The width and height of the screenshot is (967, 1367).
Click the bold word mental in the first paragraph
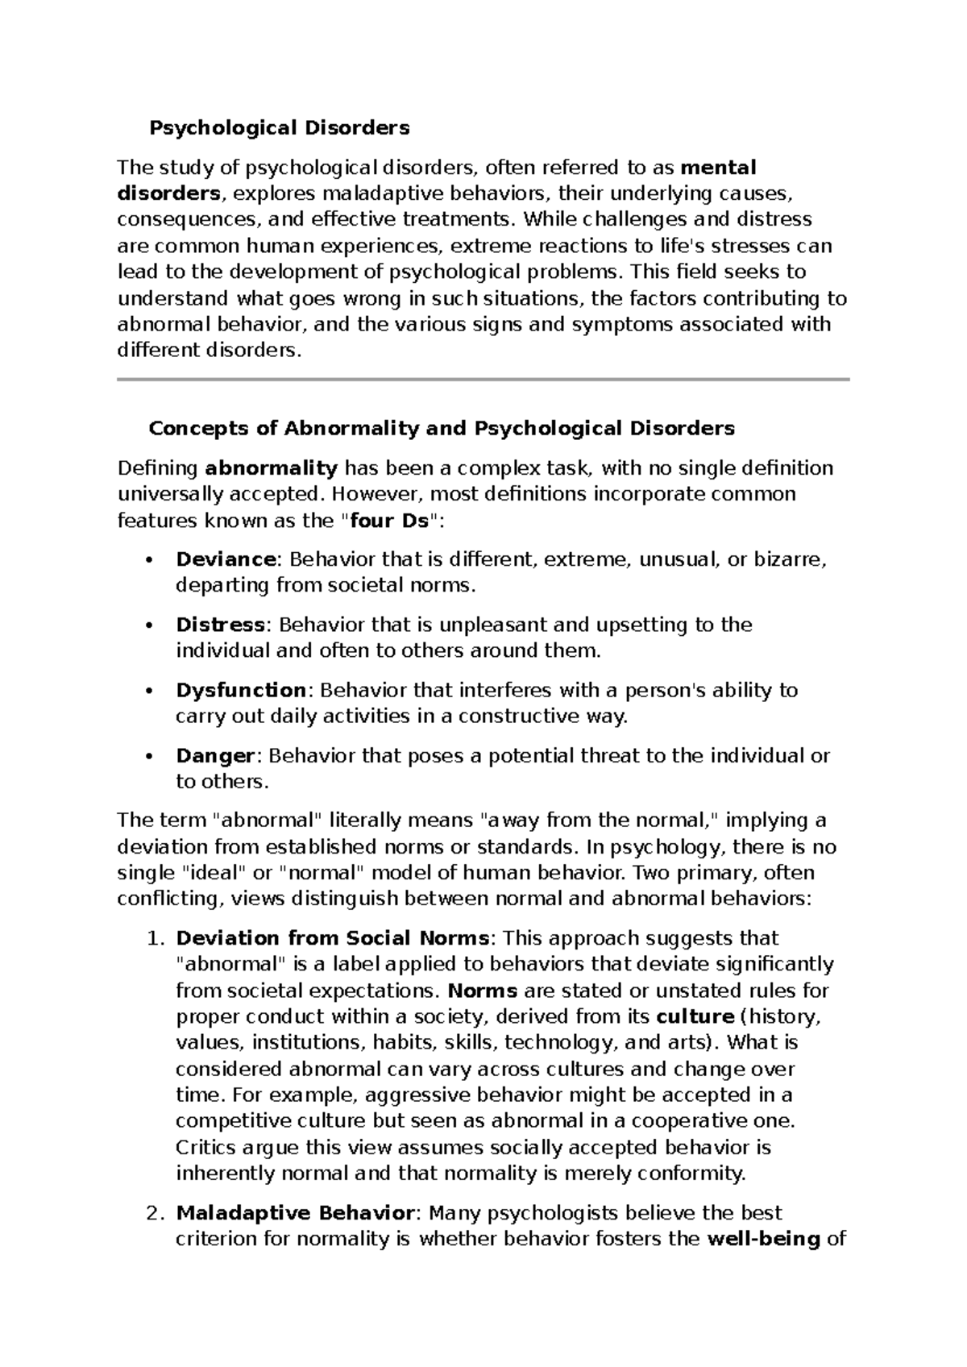click(719, 168)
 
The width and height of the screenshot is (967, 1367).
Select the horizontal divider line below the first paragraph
click(483, 379)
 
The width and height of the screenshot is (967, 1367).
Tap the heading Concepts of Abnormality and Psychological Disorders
click(442, 428)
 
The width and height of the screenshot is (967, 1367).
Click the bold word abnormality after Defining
click(272, 468)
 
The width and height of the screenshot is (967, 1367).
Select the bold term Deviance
click(226, 559)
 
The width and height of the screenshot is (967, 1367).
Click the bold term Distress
click(220, 625)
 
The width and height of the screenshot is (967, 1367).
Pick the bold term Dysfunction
click(240, 691)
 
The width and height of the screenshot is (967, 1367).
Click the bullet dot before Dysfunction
click(148, 692)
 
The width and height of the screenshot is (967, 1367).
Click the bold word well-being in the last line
click(762, 1239)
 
